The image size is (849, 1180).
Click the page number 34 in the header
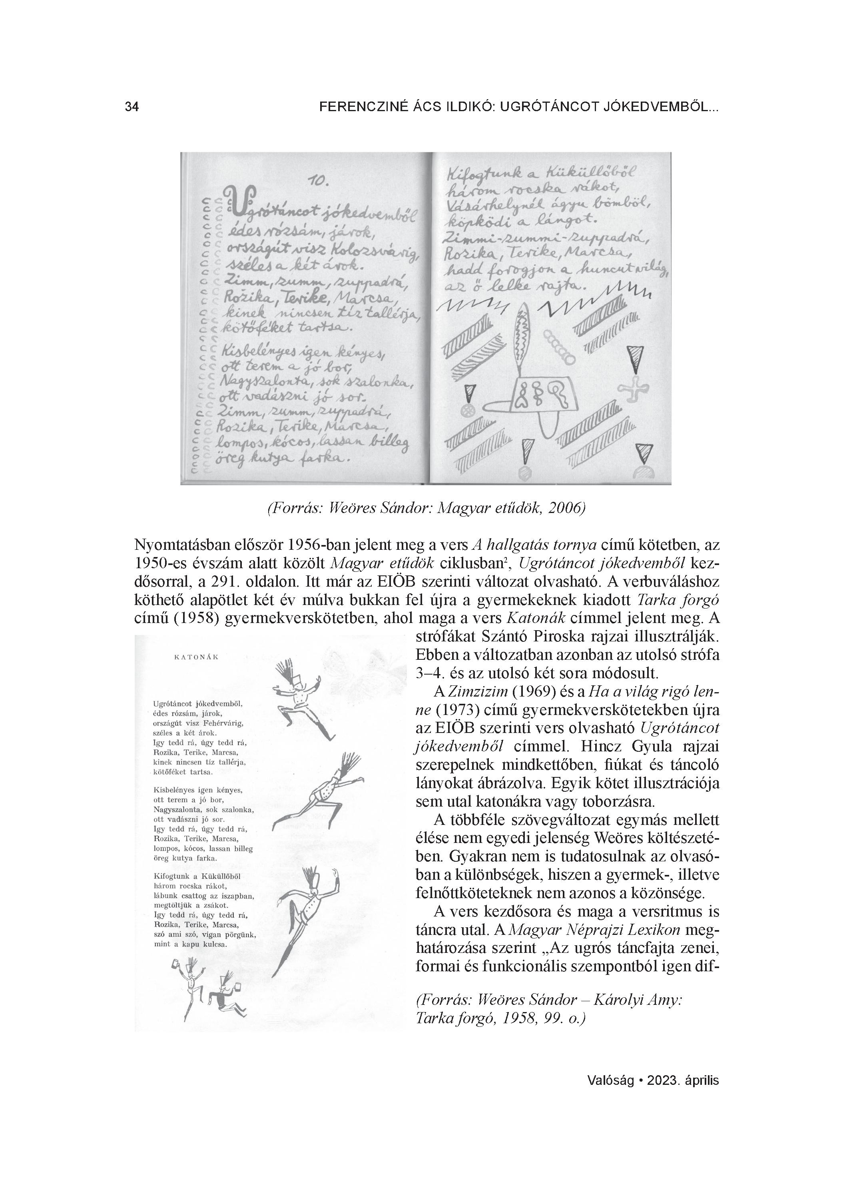tap(132, 107)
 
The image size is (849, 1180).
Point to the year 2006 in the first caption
tap(566, 508)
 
